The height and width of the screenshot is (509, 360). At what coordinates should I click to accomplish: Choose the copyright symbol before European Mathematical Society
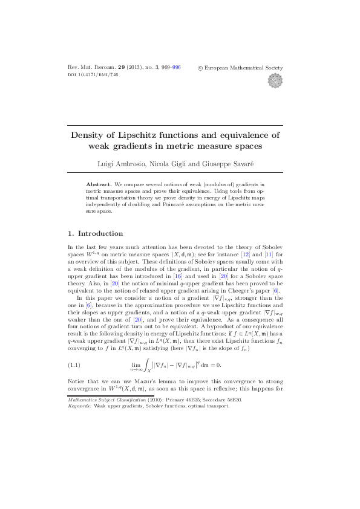200,68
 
